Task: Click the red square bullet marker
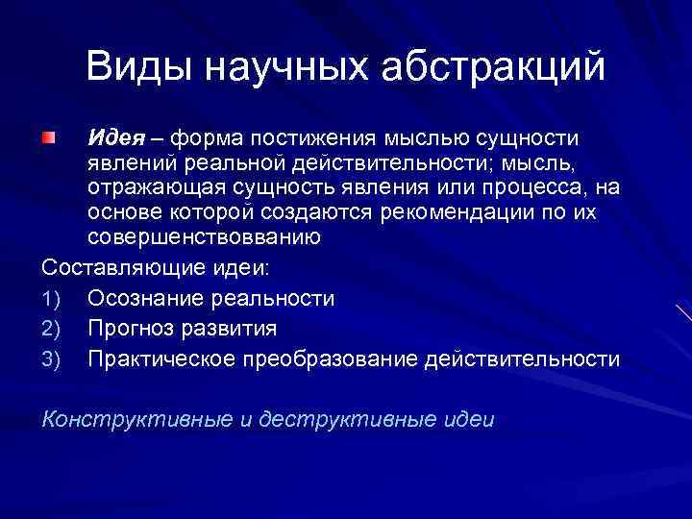pos(49,141)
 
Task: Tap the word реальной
pos(236,163)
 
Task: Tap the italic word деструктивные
pos(350,419)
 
